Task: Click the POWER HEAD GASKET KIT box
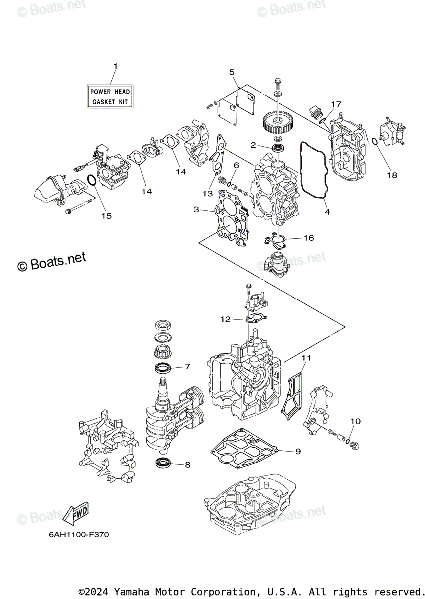click(x=110, y=97)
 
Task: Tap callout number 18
click(x=392, y=175)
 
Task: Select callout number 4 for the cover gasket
click(x=327, y=212)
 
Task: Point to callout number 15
click(x=106, y=216)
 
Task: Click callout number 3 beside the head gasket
click(x=197, y=210)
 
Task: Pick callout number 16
click(x=308, y=238)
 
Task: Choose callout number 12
click(x=226, y=319)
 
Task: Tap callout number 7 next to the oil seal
click(x=188, y=367)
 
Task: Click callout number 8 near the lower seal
click(x=188, y=465)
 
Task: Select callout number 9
click(x=298, y=451)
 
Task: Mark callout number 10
click(x=355, y=422)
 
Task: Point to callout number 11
click(x=306, y=358)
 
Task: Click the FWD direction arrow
click(x=75, y=513)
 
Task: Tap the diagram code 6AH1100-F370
click(x=79, y=534)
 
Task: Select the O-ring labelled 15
click(x=92, y=180)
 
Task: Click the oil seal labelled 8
click(x=162, y=463)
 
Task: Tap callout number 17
click(x=336, y=104)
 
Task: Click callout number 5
click(x=232, y=72)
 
